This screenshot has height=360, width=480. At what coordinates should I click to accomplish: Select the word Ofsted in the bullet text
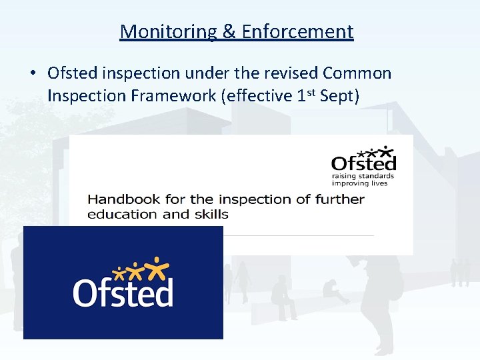coord(71,73)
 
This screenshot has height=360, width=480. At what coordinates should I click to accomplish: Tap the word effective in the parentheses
coord(256,96)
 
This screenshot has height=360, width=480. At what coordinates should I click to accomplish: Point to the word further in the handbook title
coord(339,199)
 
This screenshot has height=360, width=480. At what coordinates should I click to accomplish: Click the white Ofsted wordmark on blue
coord(123,292)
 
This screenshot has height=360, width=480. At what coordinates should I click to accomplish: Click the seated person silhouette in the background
coord(283,299)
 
